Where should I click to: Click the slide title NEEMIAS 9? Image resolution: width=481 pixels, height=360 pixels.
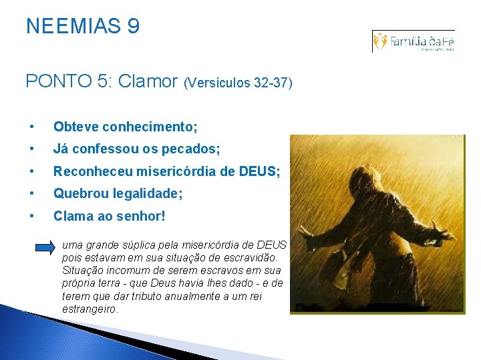pyautogui.click(x=83, y=27)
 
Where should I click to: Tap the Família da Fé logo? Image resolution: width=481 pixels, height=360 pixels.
pyautogui.click(x=414, y=41)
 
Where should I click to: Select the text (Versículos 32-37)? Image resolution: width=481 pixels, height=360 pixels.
pyautogui.click(x=237, y=83)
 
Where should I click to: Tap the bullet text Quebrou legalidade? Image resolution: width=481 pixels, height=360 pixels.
pyautogui.click(x=118, y=193)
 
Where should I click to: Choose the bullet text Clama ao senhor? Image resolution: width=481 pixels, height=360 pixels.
pyautogui.click(x=109, y=216)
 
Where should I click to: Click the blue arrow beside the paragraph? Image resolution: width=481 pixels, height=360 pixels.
pyautogui.click(x=45, y=247)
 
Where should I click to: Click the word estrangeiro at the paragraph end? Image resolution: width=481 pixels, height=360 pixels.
pyautogui.click(x=90, y=309)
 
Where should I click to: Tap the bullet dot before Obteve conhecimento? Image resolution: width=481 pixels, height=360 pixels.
pyautogui.click(x=31, y=127)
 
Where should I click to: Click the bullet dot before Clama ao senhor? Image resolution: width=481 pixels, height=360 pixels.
pyautogui.click(x=31, y=217)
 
